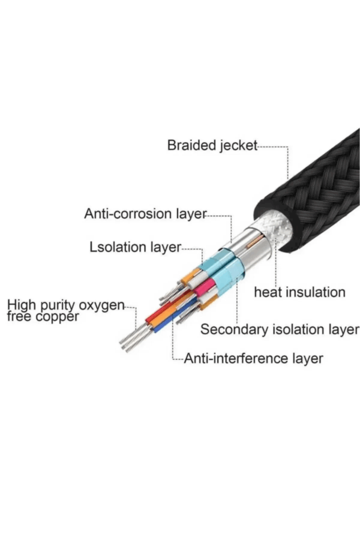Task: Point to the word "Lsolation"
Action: coord(117,247)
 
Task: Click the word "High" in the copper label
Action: coord(20,305)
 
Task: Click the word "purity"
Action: coord(56,307)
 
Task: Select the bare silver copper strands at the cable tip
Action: coord(131,340)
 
